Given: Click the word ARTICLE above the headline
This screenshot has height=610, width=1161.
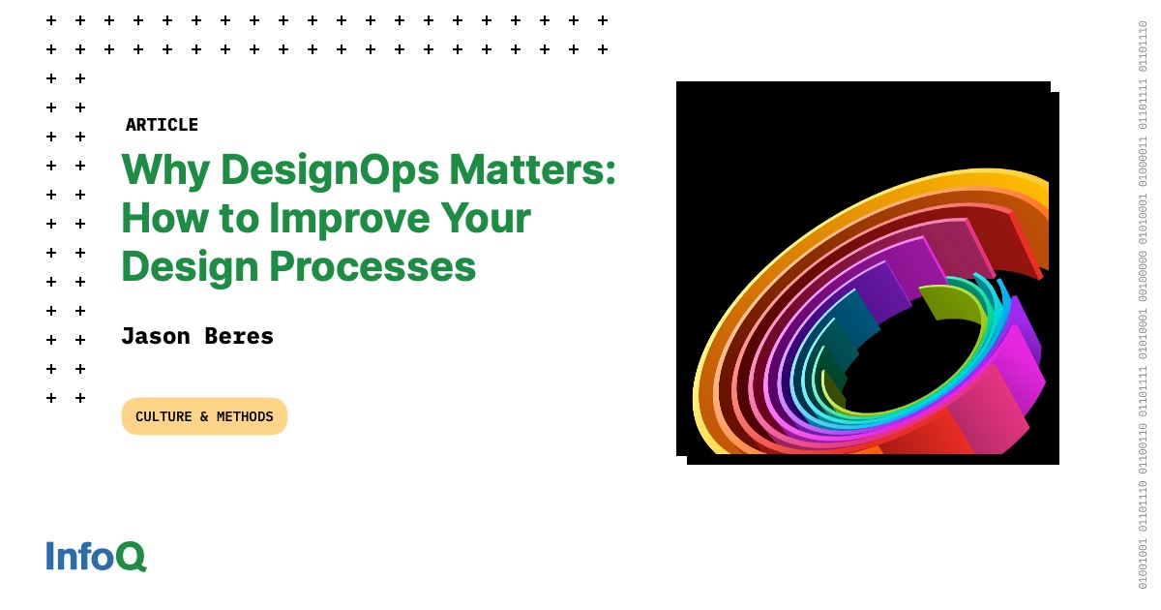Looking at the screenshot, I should (162, 125).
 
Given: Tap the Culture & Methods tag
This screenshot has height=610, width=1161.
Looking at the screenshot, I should (204, 416).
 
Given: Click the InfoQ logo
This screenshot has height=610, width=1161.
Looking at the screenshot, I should (96, 556).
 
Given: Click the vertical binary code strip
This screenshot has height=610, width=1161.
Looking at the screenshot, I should (1143, 305).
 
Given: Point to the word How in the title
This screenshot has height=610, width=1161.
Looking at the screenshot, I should (161, 219).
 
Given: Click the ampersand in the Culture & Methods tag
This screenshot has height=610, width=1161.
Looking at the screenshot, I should (204, 416).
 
